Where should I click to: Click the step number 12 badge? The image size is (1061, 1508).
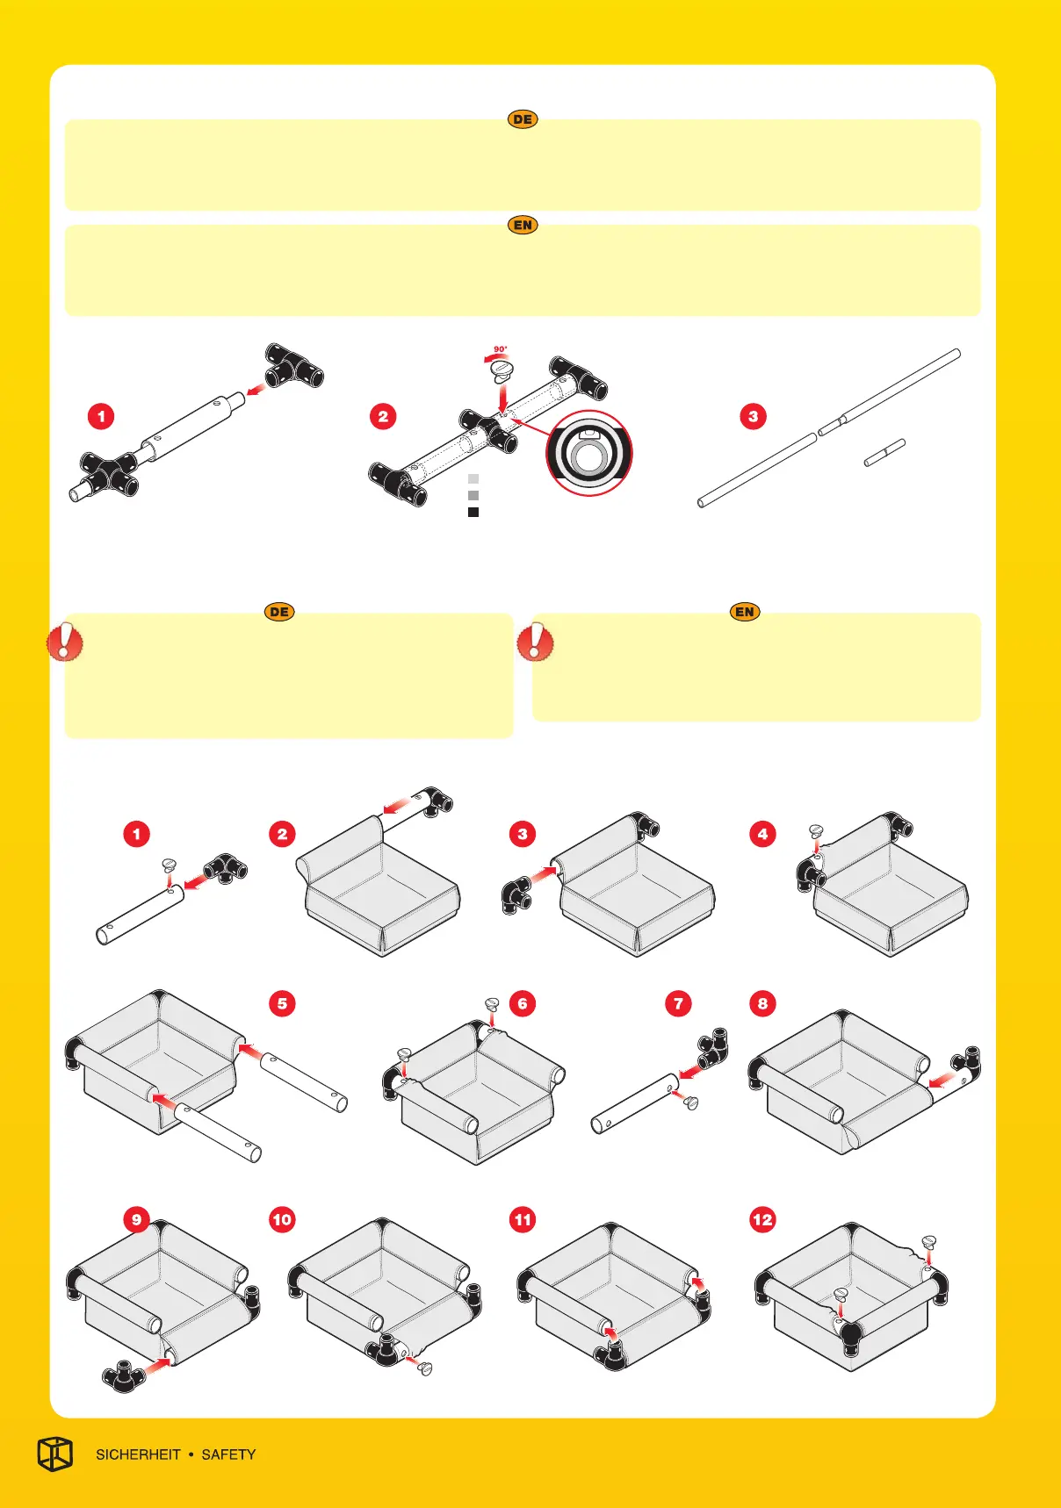click(762, 1219)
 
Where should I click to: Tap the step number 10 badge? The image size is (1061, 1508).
click(282, 1219)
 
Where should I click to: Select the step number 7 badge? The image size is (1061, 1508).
click(678, 1003)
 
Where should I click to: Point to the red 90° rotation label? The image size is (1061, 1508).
click(500, 349)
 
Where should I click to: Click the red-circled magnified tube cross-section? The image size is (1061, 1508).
click(588, 453)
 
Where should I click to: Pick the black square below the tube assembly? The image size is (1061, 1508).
click(473, 512)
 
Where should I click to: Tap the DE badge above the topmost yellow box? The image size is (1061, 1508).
click(523, 119)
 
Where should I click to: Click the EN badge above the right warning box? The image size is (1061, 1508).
click(745, 612)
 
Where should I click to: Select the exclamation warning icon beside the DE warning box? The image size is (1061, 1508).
click(65, 642)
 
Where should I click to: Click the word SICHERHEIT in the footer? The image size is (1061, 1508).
click(138, 1454)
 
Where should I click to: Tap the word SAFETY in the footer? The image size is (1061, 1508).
click(228, 1454)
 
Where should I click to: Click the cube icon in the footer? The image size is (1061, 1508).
click(54, 1454)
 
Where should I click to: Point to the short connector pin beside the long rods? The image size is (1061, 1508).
click(884, 452)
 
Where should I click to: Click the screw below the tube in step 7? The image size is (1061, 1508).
click(690, 1102)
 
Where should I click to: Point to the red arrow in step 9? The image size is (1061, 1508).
click(158, 1364)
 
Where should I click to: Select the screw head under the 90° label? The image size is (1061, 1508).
click(501, 371)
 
